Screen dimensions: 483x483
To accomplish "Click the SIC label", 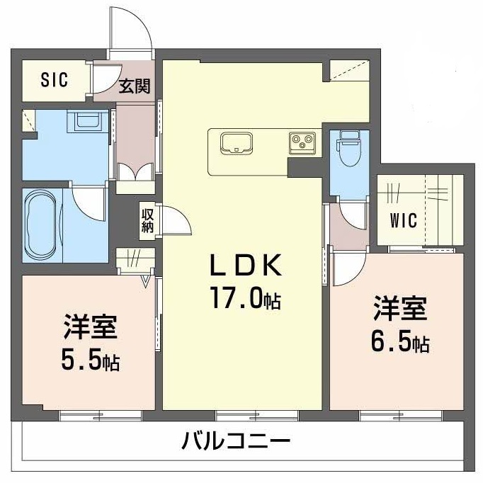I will point(54,80).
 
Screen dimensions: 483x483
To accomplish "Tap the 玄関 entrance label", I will point(135,86).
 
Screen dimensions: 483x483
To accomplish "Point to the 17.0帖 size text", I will point(245,299).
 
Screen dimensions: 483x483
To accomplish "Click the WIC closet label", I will point(403,220).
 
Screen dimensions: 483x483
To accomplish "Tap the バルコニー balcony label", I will point(236,443).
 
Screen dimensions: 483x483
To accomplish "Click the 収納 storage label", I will point(147,220).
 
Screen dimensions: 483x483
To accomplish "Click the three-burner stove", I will point(302,143).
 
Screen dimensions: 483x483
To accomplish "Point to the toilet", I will point(348,147).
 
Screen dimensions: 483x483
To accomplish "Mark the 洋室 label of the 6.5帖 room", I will point(401,310).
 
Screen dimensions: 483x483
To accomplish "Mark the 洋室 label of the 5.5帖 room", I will point(90,328).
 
